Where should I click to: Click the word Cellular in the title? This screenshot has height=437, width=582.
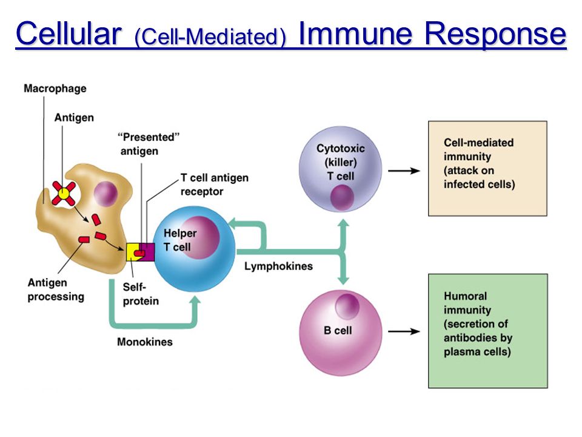(69, 33)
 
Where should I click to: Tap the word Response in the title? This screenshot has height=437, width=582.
(496, 34)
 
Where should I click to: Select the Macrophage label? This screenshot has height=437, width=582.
(55, 89)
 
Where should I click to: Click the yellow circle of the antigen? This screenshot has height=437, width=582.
(64, 193)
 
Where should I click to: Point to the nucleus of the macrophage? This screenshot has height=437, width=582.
(105, 194)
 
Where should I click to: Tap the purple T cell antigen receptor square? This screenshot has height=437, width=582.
(148, 252)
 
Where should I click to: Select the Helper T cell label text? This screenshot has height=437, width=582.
(180, 240)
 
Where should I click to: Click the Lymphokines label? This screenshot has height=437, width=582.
(278, 266)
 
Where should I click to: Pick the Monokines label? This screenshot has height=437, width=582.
(145, 342)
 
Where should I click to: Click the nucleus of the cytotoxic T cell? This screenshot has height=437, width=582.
(342, 197)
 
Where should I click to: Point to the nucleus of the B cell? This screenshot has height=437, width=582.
(347, 307)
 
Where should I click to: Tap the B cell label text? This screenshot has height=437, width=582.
(338, 330)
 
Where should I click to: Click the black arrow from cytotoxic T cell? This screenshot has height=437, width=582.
(404, 171)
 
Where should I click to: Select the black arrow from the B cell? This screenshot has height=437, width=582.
(404, 331)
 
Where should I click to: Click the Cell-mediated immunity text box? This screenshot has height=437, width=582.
(487, 168)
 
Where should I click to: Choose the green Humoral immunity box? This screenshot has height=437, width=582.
(488, 331)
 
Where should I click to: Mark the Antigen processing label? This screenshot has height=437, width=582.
(56, 290)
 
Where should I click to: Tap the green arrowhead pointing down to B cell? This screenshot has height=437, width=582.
(343, 280)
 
